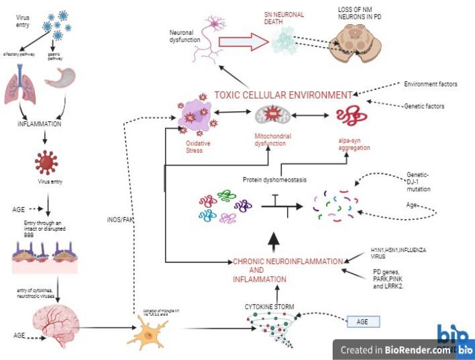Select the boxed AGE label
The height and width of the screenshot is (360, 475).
[362, 322]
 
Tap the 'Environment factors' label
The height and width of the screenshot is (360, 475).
[430, 84]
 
